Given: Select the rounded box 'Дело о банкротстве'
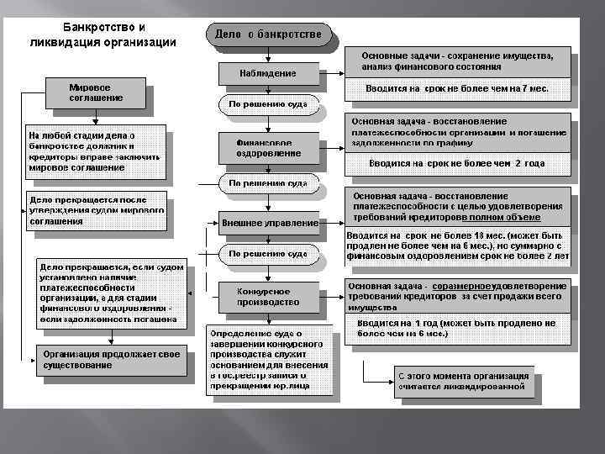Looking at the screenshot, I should [268, 34].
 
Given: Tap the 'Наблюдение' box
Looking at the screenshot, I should [270, 73].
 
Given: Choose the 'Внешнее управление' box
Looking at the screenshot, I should [270, 224].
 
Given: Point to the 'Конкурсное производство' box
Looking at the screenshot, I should [269, 295].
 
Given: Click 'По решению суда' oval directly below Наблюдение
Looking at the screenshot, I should [269, 104].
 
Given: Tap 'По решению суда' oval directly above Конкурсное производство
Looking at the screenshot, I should [269, 253].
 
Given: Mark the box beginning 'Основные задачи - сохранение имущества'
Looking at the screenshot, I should [457, 60].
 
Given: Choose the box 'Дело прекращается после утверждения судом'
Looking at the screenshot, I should [97, 211].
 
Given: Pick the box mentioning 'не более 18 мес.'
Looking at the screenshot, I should [457, 246].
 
